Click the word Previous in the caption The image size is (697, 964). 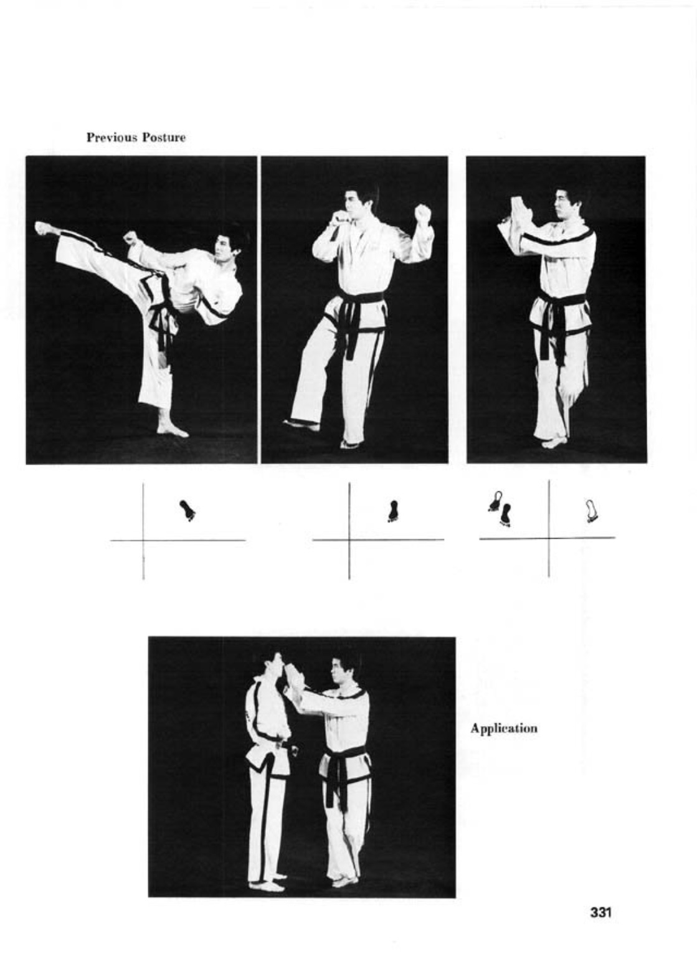point(111,138)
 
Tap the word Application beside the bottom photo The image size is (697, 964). point(504,729)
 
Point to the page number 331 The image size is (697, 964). point(600,912)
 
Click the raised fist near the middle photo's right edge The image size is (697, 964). point(422,214)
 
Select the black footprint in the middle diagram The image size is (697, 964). point(392,511)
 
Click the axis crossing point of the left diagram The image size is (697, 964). point(143,540)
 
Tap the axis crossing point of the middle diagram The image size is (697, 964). point(349,539)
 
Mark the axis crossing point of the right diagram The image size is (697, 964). point(549,537)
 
